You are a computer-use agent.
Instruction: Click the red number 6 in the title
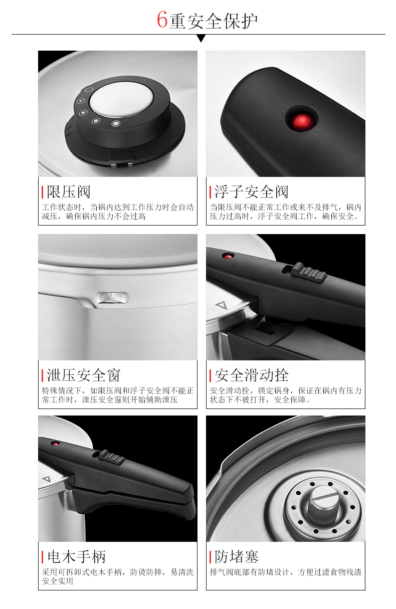pos(162,20)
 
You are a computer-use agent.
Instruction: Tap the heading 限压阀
pos(69,192)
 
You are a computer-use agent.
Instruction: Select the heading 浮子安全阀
pos(251,192)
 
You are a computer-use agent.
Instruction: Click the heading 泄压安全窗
pos(84,375)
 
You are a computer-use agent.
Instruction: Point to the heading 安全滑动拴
pos(252,375)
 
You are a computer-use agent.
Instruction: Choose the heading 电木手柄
pos(76,556)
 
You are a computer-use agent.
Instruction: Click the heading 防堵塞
pos(237,556)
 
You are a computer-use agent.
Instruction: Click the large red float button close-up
pos(302,121)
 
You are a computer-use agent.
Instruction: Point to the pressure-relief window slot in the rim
pos(113,298)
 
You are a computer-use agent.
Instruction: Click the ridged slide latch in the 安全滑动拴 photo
pos(309,273)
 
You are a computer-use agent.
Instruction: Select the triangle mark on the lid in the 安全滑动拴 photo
pos(222,305)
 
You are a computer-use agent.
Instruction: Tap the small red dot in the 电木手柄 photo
pos(56,444)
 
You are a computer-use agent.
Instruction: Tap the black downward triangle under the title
pos(201,38)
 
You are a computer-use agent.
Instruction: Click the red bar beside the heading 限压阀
pos(43,192)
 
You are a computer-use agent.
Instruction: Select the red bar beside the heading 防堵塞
pos(210,557)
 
